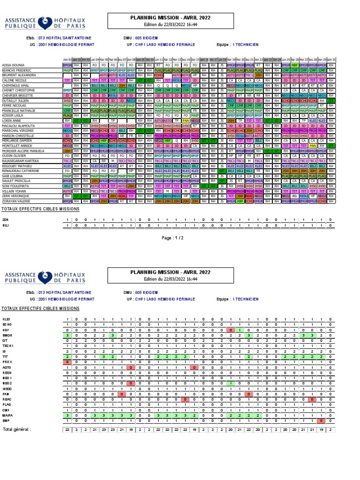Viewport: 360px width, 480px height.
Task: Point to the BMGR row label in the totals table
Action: tap(7, 335)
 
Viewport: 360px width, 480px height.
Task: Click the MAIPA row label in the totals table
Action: tap(7, 415)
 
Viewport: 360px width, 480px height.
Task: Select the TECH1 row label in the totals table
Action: tap(8, 346)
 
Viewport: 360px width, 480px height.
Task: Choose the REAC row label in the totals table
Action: tap(7, 399)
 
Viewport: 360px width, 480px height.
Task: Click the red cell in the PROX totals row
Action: tap(67, 362)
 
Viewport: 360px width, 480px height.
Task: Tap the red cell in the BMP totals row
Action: tap(321, 420)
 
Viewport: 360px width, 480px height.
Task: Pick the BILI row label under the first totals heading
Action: tap(6, 225)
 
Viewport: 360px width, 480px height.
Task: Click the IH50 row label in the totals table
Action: tap(7, 389)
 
